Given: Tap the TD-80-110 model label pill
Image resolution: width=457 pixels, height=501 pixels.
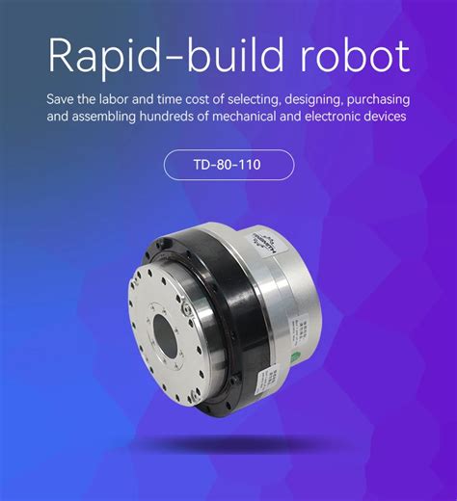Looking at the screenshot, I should (x=228, y=165).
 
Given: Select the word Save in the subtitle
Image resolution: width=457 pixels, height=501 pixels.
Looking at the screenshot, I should (x=61, y=99).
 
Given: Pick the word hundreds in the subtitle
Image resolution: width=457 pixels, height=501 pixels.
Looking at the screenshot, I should (x=175, y=118).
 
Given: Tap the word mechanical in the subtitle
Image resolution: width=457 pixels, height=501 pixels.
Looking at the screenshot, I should (x=243, y=118).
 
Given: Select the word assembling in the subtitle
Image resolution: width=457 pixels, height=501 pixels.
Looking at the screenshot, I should (x=112, y=118).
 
